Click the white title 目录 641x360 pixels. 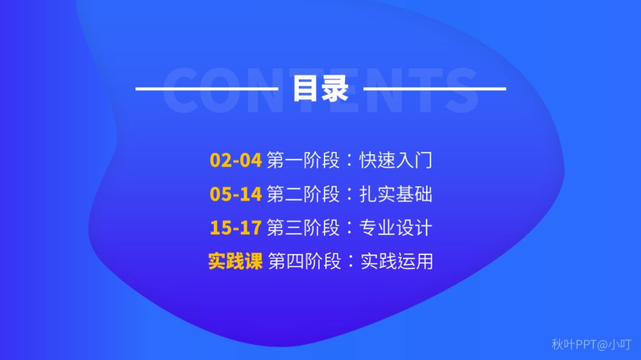320,88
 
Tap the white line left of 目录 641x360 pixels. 207,88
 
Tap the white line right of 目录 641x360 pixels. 434,88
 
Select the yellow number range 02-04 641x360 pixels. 236,160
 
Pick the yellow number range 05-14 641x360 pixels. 236,194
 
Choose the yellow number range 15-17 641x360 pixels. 236,228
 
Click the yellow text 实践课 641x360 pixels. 236,261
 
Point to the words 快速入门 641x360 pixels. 396,160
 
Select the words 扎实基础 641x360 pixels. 396,194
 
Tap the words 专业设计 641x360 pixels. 396,228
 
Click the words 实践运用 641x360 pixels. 396,261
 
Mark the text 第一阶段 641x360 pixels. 303,160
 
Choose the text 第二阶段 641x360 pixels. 303,194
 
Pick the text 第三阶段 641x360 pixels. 303,228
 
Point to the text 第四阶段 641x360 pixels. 304,261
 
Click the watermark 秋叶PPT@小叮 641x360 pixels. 592,345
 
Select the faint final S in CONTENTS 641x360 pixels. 462,90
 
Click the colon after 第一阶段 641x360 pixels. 350,160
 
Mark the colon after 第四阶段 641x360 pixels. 351,262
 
